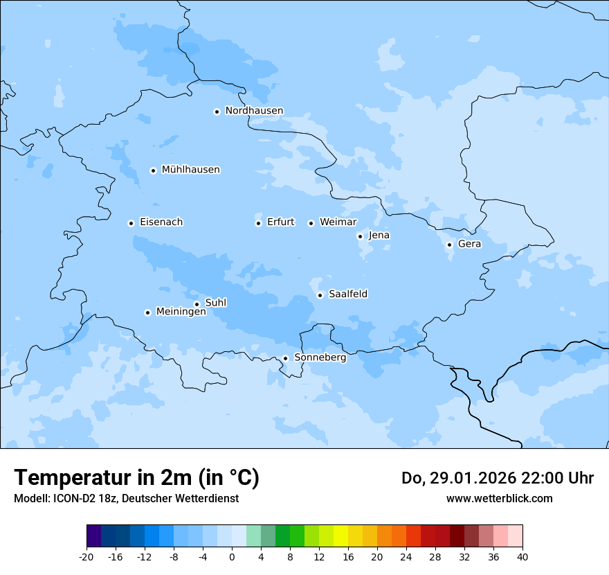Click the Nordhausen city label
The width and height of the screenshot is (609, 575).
[254, 111]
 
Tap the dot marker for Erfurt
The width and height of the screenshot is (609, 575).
[258, 223]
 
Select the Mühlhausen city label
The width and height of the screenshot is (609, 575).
[190, 170]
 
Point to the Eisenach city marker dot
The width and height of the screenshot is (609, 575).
[131, 223]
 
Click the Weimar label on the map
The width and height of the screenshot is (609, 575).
[338, 222]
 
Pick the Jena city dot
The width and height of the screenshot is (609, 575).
[360, 236]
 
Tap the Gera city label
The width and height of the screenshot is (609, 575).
[469, 244]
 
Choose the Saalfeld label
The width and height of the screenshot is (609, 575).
[347, 294]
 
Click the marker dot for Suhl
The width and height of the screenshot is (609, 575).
[197, 304]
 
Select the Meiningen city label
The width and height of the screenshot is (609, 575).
[181, 312]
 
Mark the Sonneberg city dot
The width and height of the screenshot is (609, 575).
[285, 358]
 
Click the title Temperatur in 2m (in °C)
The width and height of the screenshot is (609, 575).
[136, 477]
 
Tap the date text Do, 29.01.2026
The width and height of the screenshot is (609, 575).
[457, 478]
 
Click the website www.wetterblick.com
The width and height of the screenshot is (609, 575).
[499, 498]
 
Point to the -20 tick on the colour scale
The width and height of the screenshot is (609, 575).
[87, 556]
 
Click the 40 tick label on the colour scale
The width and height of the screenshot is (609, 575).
[522, 556]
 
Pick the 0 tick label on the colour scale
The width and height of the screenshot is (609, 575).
[232, 556]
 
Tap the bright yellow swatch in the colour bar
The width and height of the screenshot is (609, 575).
[340, 536]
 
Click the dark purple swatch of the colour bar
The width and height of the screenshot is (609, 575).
[94, 536]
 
